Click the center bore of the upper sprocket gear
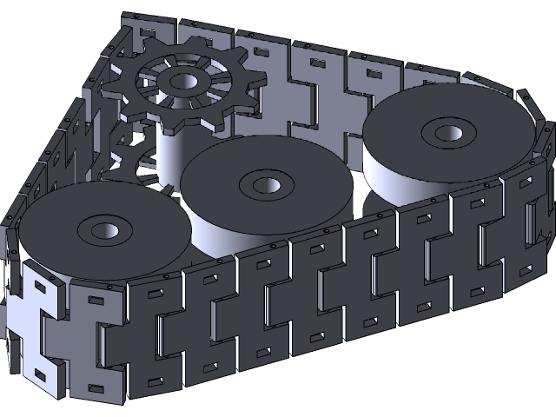[181, 83]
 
